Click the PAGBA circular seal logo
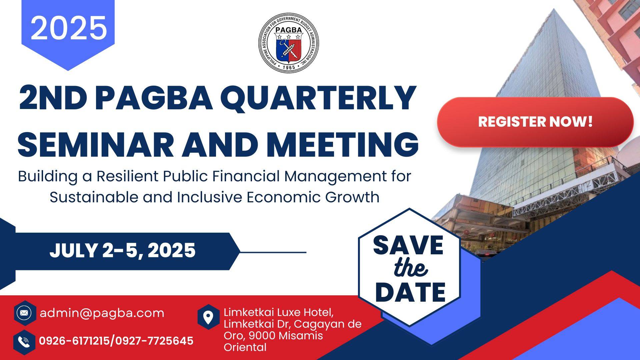coord(289,42)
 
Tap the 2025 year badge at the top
coord(68,33)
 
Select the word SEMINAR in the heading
coord(96,144)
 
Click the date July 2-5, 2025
coord(122,251)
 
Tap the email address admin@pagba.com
coord(102,313)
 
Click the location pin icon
coord(208,317)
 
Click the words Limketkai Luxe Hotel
coord(279,313)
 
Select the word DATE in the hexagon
coord(410,292)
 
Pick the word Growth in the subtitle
coord(352,197)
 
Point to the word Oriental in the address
coord(245,347)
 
